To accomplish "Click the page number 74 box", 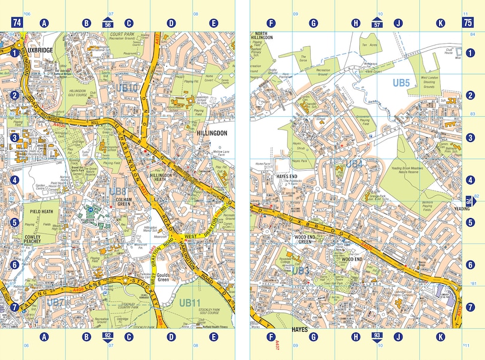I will point(17,23).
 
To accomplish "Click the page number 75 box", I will point(467,23).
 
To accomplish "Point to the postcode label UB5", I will point(401,82).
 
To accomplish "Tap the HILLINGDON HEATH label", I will point(160,178).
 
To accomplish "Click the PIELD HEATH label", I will point(39,211).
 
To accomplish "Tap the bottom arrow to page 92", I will point(108,336).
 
